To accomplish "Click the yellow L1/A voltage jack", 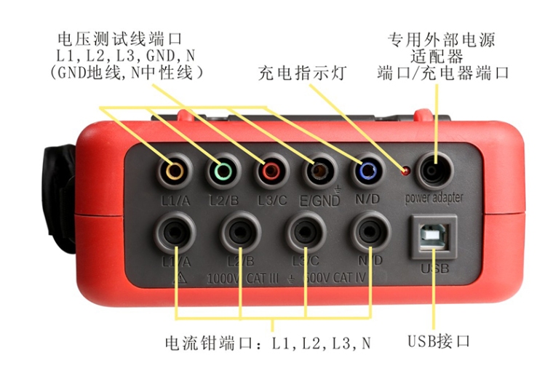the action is pos(175,172).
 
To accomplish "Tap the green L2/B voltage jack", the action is pos(223,172).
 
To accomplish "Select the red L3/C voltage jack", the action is pos(271,172).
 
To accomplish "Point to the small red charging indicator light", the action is pos(405,171).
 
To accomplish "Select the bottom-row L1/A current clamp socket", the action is pos(175,232).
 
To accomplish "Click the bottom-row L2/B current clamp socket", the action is pos(241,232).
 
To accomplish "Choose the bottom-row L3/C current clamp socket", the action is pos(306,232).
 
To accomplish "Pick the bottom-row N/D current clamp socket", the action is pos(370,232).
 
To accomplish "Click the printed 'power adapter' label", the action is pos(434,199).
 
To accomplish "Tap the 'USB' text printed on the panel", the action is pos(435,268).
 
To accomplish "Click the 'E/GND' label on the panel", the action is pos(319,201).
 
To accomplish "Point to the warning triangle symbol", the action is pos(180,278).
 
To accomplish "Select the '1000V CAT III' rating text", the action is pos(242,279).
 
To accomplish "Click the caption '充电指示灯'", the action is pos(303,73).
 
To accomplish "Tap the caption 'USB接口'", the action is pos(439,341).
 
